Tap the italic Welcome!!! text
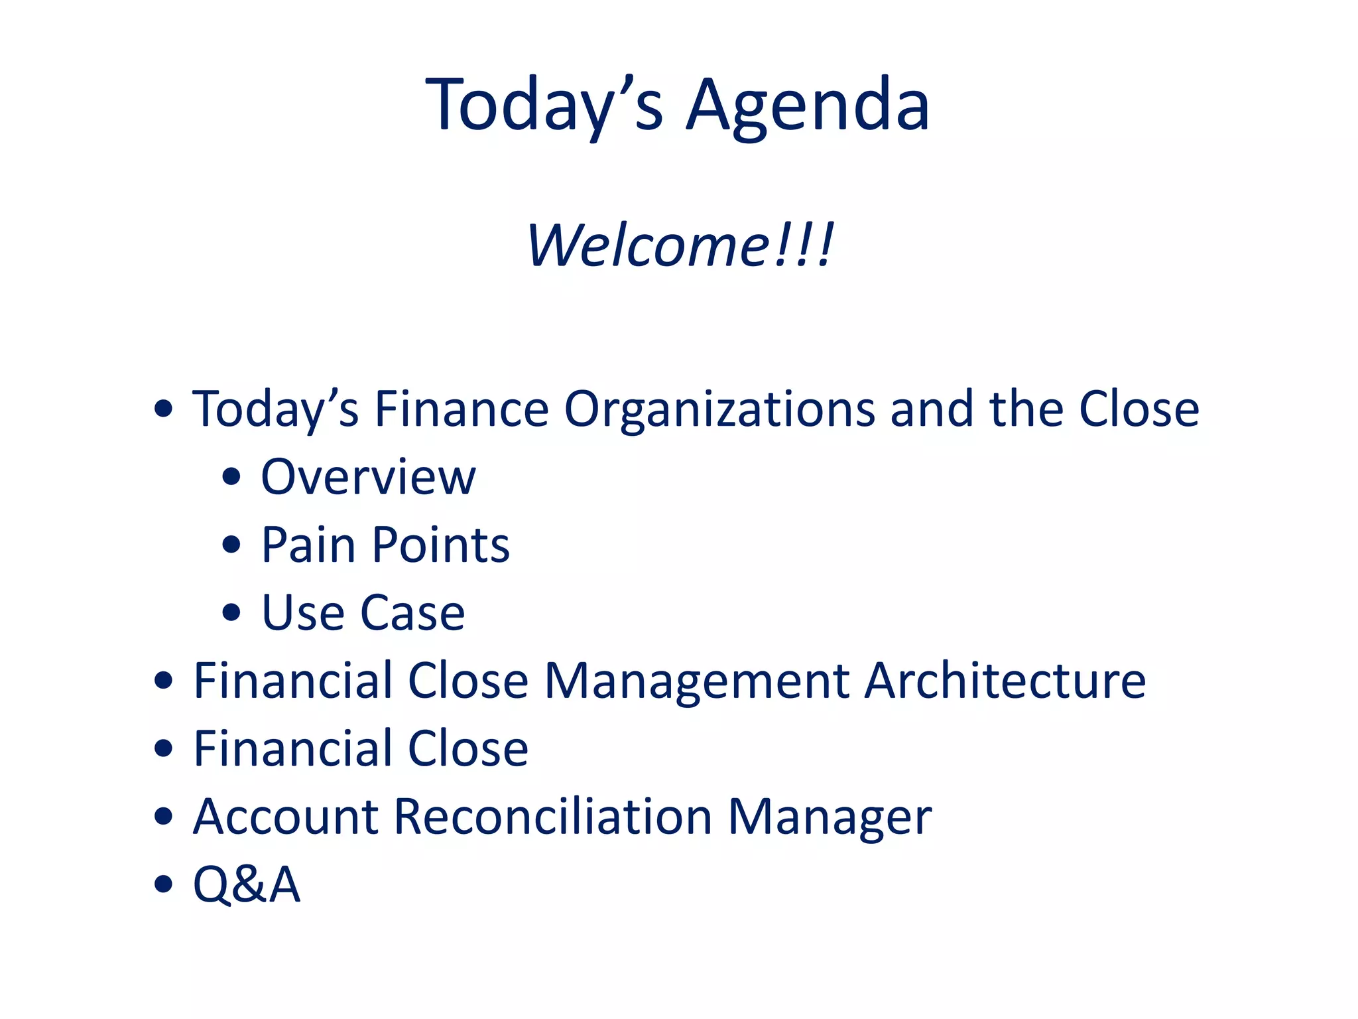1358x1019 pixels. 680,245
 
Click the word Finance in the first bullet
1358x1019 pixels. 462,409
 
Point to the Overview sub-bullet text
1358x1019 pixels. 368,477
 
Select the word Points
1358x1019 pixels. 440,545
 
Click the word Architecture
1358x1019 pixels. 1005,681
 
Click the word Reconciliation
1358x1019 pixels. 553,817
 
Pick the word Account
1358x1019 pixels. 285,817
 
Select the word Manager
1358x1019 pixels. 830,817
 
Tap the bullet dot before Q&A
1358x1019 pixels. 163,884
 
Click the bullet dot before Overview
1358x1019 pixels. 231,476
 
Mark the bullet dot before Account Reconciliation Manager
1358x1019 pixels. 163,816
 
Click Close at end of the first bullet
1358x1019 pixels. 1139,409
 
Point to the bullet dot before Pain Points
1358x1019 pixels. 231,545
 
